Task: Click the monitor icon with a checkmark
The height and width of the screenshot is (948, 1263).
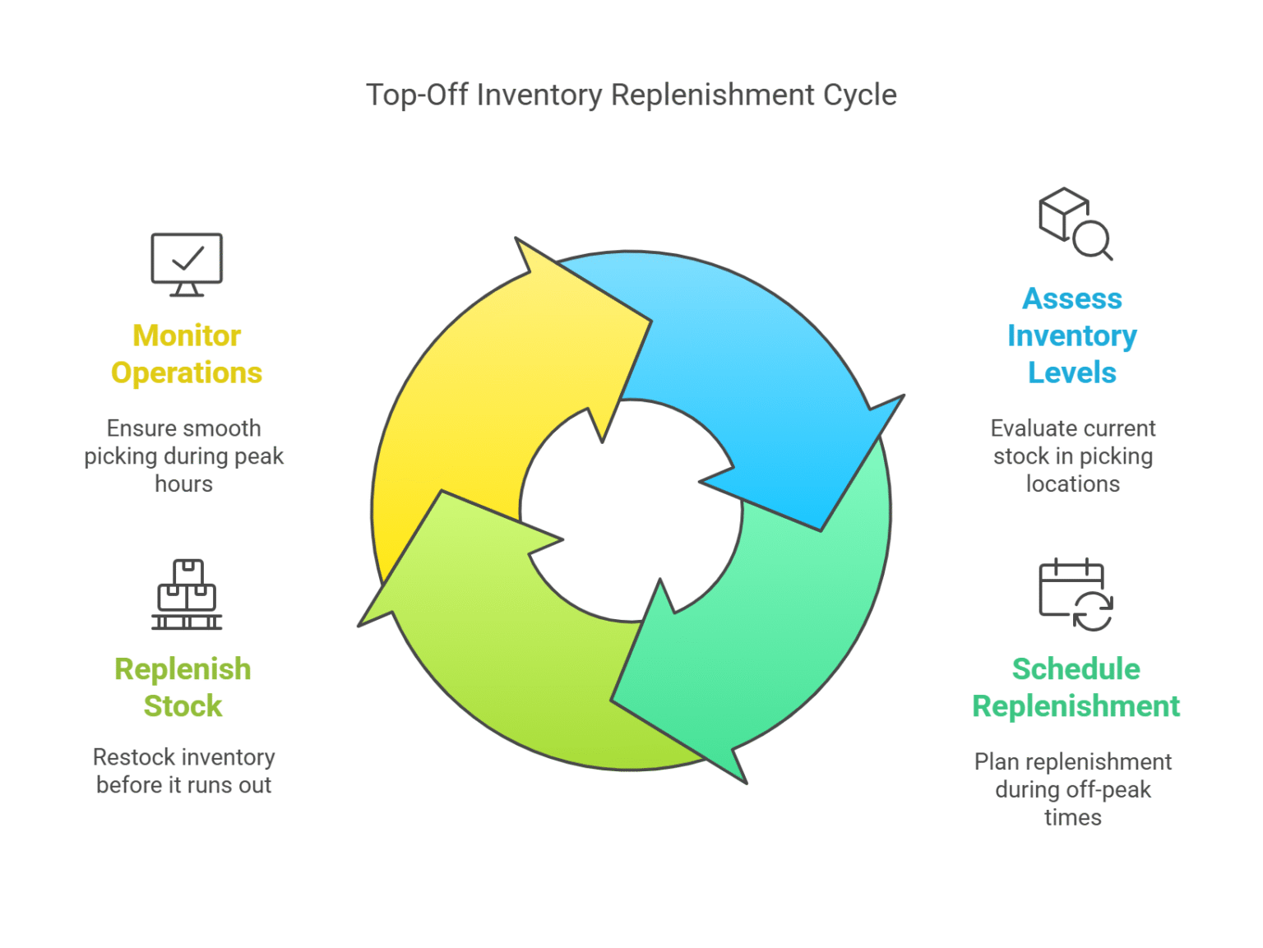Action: (x=187, y=264)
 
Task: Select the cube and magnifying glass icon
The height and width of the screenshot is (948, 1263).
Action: (x=1074, y=224)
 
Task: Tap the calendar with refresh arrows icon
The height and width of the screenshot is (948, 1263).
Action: (x=1075, y=594)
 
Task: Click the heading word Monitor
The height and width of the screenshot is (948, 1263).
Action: (x=187, y=335)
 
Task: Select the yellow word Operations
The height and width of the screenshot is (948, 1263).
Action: (x=187, y=372)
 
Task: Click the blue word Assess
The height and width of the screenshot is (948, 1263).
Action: (x=1071, y=298)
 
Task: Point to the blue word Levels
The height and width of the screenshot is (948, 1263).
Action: (x=1071, y=372)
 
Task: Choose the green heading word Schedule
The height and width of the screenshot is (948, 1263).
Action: (x=1076, y=669)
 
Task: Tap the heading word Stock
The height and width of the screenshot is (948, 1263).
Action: (x=183, y=706)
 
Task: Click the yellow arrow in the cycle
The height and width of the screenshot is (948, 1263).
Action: (x=485, y=386)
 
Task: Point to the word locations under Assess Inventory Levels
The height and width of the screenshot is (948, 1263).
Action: (x=1072, y=484)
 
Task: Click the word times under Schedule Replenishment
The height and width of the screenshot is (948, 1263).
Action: (x=1072, y=818)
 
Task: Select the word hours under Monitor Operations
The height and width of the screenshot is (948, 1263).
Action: (x=183, y=484)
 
